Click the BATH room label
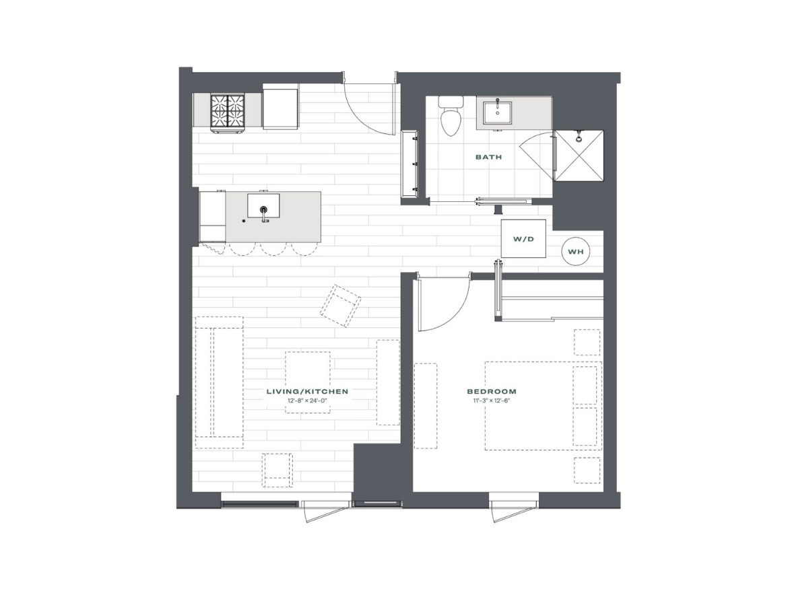488,157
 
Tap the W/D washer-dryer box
523,238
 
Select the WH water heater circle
575,252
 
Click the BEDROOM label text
491,392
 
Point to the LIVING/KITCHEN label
307,392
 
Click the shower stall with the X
578,155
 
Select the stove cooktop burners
227,112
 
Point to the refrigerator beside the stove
280,109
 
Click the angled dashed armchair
340,306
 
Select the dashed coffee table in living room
308,382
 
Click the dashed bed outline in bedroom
544,405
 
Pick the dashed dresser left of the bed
425,406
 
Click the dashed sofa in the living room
219,382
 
